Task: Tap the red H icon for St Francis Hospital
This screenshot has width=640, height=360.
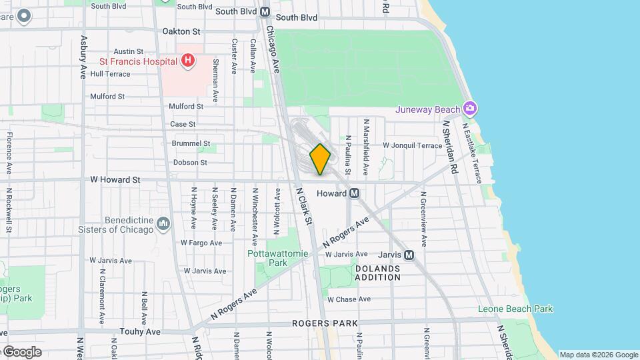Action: (x=188, y=61)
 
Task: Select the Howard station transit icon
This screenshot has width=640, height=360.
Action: (x=355, y=193)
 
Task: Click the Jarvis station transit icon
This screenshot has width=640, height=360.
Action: (x=409, y=255)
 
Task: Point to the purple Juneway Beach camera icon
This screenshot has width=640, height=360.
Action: (x=470, y=109)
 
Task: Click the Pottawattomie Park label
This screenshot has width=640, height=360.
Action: (x=277, y=258)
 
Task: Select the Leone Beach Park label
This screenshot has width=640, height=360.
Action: (x=515, y=309)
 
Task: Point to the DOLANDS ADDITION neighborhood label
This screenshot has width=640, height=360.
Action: (x=377, y=273)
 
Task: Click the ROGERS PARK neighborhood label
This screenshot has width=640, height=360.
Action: (x=325, y=323)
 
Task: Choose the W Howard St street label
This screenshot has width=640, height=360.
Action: (x=115, y=180)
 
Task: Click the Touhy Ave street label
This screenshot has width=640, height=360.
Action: (x=140, y=331)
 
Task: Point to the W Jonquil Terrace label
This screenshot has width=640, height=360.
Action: (x=412, y=145)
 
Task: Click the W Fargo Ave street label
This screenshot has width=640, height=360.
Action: (x=201, y=243)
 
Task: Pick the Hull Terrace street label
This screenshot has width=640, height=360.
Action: (x=111, y=74)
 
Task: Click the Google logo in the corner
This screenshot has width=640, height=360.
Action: (x=22, y=352)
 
